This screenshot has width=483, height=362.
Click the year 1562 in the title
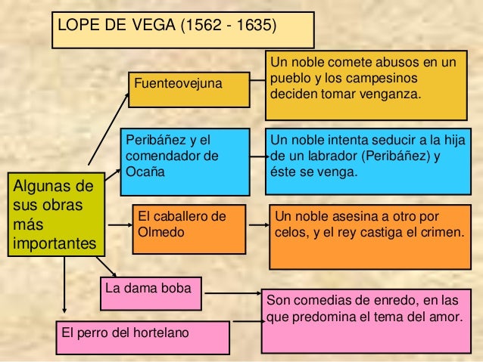click(204, 25)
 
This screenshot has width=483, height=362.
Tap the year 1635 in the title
click(254, 25)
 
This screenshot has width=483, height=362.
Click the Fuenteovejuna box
click(189, 90)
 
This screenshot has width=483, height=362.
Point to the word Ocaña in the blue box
click(145, 172)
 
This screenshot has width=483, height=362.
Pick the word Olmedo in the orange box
click(160, 232)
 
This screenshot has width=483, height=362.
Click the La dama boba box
click(151, 294)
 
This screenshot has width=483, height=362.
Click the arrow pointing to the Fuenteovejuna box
click(108, 129)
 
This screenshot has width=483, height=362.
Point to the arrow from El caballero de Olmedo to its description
click(259, 225)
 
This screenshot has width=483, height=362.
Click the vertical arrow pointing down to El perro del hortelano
click(64, 285)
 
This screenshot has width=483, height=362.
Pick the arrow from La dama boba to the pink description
click(233, 293)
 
